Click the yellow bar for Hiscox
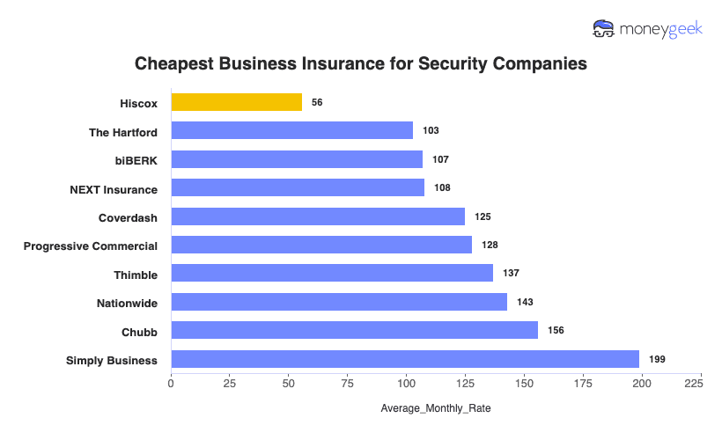click(236, 102)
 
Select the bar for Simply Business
click(405, 359)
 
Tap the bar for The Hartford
click(291, 130)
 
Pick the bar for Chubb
click(354, 330)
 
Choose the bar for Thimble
click(332, 274)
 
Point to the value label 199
click(657, 359)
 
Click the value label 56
click(317, 102)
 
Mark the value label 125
click(483, 216)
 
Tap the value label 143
click(525, 302)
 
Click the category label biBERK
click(135, 160)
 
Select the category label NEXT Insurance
click(114, 189)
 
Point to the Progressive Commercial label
click(91, 246)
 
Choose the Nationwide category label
click(127, 304)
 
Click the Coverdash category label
click(128, 217)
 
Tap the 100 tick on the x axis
click(406, 384)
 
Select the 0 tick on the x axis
click(171, 384)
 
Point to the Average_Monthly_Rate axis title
click(435, 409)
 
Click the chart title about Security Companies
click(360, 64)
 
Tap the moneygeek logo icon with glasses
click(604, 29)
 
